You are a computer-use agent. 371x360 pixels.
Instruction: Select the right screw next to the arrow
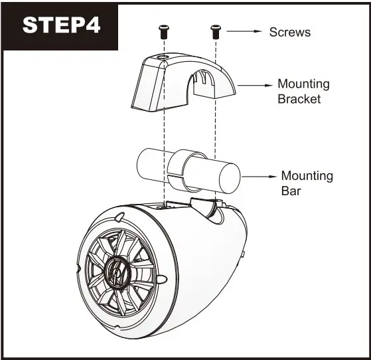pyautogui.click(x=215, y=30)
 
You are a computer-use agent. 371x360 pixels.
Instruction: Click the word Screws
pyautogui.click(x=289, y=32)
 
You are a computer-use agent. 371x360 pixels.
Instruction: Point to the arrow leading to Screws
pyautogui.click(x=245, y=31)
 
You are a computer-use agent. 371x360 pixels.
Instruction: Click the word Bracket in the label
pyautogui.click(x=299, y=99)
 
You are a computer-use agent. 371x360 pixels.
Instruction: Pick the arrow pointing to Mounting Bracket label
pyautogui.click(x=256, y=85)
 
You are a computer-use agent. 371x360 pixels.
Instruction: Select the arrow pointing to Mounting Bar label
pyautogui.click(x=260, y=177)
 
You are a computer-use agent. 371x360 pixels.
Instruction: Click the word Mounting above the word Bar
pyautogui.click(x=307, y=176)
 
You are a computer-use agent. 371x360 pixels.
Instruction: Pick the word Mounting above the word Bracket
pyautogui.click(x=303, y=84)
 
